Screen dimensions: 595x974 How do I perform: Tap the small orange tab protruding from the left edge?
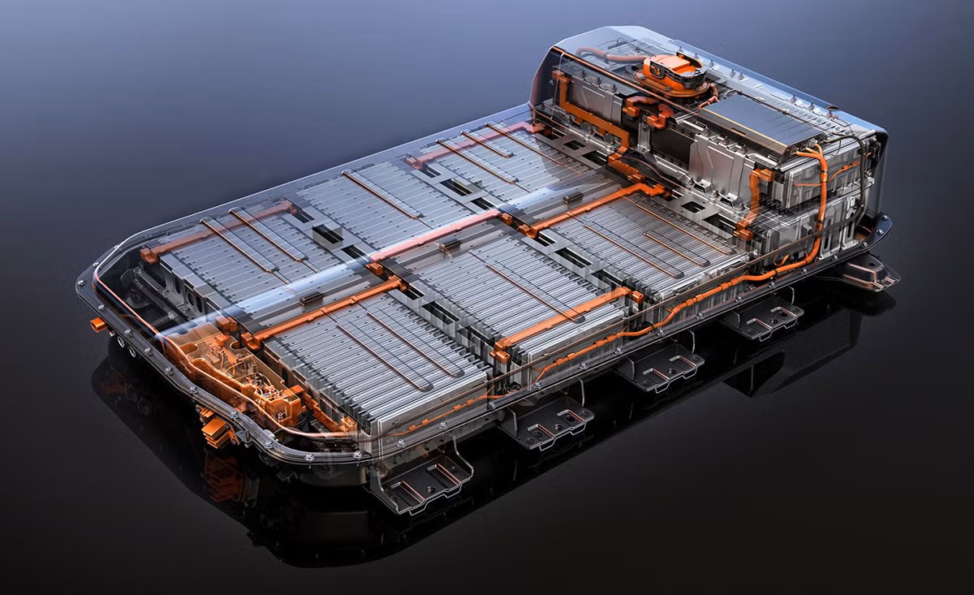point(98,324)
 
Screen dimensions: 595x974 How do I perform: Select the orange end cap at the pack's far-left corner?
point(147,254)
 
